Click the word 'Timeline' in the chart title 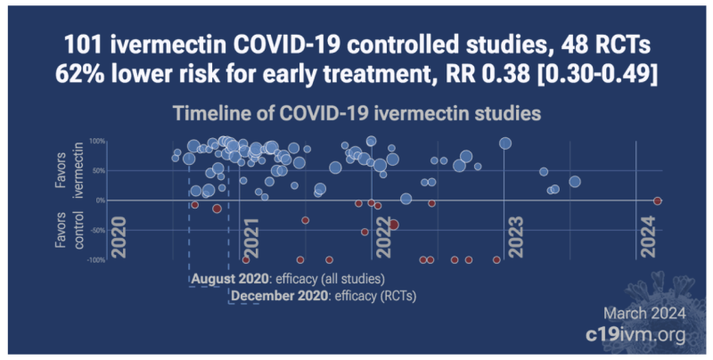[x=210, y=113]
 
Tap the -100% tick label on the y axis [x=95, y=260]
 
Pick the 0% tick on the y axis [x=100, y=200]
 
